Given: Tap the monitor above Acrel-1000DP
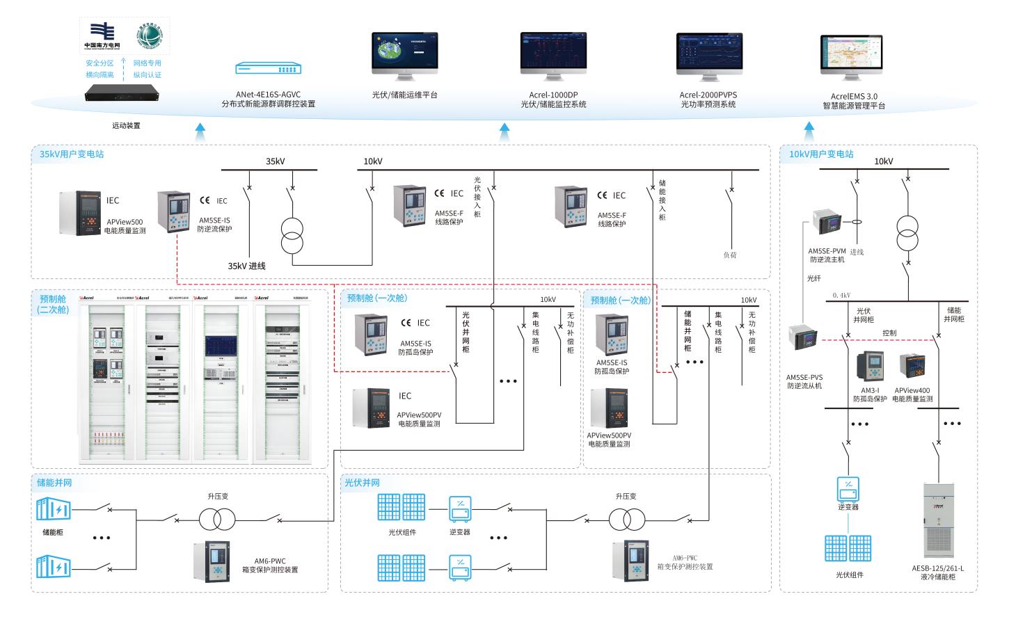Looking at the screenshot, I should point(553,54).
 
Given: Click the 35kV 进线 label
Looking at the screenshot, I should point(246,266).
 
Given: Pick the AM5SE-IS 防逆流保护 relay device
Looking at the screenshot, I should point(173,211).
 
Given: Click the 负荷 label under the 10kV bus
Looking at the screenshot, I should point(729,255).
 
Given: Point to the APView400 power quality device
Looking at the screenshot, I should point(912,366).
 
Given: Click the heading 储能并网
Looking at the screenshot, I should point(54,482).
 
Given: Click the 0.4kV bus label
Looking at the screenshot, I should point(841,295).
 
